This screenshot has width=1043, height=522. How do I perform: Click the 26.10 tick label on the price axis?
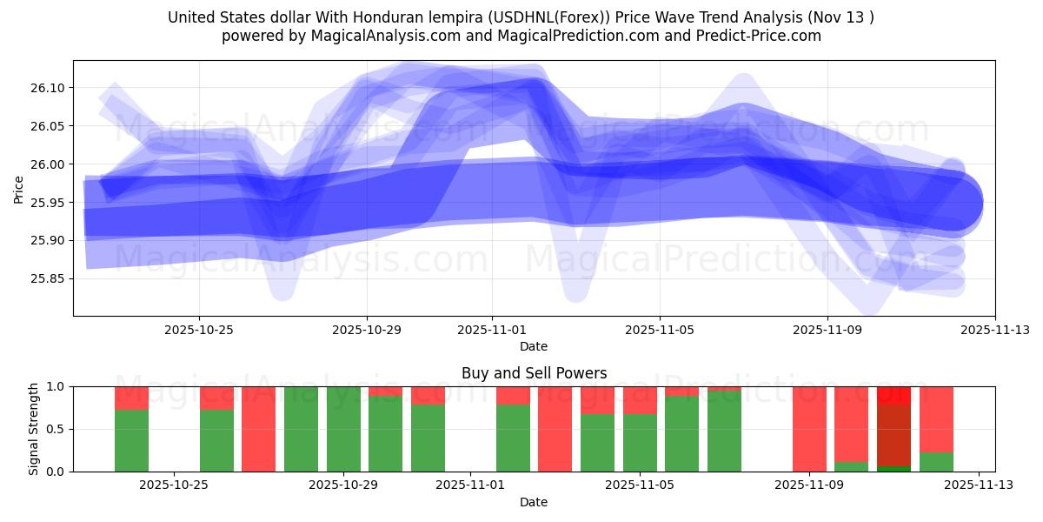coord(48,88)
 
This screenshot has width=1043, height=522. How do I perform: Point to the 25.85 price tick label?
coord(48,279)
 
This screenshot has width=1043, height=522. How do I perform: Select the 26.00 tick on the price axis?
coord(48,164)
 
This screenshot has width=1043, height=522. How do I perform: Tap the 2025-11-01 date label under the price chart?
coord(492,331)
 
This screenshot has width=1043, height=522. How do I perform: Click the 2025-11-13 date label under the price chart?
coord(994,331)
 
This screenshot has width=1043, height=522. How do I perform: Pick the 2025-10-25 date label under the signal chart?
coord(175,485)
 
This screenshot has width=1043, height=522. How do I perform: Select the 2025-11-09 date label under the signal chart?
coord(808,485)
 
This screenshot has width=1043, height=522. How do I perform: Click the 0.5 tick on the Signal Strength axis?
coord(56,429)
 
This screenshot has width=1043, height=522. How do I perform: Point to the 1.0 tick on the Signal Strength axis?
coord(56,386)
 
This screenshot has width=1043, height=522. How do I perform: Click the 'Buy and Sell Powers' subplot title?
coord(534,373)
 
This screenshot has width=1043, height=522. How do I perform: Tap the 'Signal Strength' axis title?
coord(34,429)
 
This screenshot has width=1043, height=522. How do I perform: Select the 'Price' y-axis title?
coord(19,189)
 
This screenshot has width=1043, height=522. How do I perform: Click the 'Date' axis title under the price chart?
coord(534,346)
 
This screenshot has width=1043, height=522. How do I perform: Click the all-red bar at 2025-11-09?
coord(809,429)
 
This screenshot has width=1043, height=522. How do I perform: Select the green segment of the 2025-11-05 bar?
coord(640,443)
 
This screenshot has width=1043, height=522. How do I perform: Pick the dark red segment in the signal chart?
coord(894,435)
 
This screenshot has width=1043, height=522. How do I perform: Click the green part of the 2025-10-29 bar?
coord(385,434)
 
